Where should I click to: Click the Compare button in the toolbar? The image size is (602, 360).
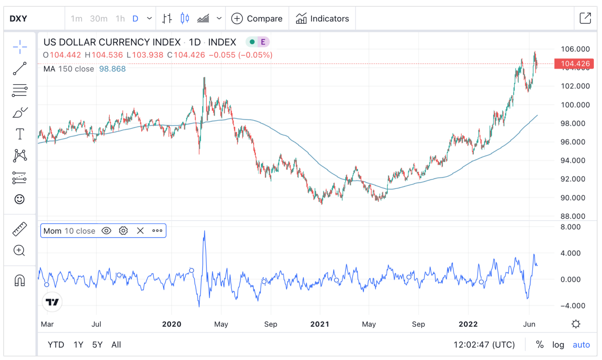coord(257,18)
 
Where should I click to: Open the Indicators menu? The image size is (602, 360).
coord(323,18)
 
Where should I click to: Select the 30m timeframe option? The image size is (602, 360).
coord(99,18)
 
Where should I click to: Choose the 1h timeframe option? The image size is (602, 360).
coord(120,18)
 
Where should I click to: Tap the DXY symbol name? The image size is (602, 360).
coord(18,18)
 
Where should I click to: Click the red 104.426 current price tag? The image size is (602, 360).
coord(574,63)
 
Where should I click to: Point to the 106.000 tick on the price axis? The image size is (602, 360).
coord(575,49)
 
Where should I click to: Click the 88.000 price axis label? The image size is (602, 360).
coord(573,216)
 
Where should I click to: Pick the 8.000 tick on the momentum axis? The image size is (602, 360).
coord(570,227)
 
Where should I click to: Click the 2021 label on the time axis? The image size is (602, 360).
coord(320,324)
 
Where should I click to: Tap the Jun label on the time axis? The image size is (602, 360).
coord(529,324)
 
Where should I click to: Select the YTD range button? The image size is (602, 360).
coord(56,345)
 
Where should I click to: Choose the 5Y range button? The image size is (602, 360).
coord(97,345)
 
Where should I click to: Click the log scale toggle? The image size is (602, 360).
coord(558,345)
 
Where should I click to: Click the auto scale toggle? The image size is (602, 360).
coord(581,345)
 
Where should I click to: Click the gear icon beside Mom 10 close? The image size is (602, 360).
coord(123,231)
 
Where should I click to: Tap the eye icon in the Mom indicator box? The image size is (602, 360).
coord(106,231)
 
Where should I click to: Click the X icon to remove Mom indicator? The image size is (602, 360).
coord(140,231)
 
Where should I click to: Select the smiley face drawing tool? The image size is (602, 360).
coord(20,199)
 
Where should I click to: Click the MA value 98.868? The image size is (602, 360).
coord(112,69)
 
